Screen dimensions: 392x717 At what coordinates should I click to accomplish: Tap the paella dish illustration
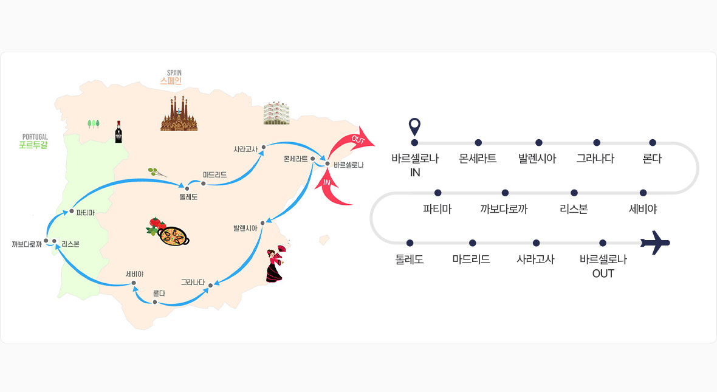173,235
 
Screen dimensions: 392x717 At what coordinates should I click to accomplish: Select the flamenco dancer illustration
276,264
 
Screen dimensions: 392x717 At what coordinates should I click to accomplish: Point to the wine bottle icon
118,131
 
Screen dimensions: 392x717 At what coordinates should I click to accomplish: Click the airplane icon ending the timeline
656,242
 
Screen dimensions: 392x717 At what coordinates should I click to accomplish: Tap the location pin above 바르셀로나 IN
415,126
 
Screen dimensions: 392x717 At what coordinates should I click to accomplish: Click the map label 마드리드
214,174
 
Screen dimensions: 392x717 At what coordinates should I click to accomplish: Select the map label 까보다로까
26,244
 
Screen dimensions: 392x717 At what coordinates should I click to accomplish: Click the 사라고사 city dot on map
263,147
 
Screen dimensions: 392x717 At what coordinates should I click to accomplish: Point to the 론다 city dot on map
155,302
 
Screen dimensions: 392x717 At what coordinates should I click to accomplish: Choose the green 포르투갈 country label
33,145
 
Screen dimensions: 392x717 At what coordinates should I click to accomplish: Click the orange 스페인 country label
171,80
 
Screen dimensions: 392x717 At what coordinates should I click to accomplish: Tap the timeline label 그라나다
595,159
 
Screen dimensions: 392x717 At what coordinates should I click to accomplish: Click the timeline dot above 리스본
574,193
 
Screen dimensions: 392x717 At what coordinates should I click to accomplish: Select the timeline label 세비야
643,209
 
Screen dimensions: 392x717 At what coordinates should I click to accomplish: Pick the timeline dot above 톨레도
410,243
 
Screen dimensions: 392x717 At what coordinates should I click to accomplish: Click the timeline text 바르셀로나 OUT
603,266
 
